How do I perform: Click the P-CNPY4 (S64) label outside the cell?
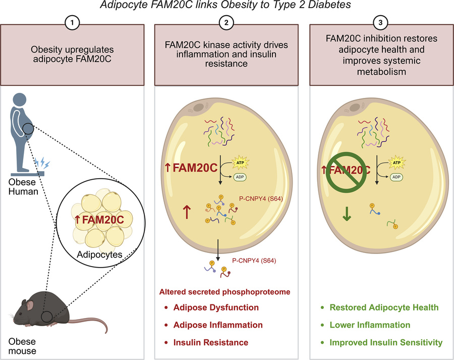(x=253, y=261)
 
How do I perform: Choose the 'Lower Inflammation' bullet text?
(x=369, y=325)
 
